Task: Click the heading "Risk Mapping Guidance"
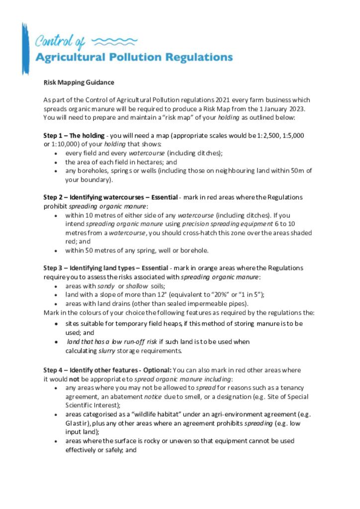click(x=79, y=83)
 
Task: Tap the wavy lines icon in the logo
click(x=115, y=41)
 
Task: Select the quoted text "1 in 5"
click(x=247, y=294)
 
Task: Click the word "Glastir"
click(x=75, y=424)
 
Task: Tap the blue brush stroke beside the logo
click(x=25, y=48)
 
